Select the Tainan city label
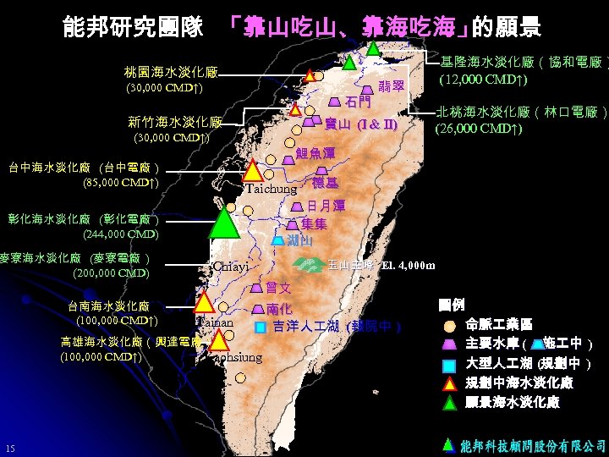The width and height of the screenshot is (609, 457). point(215,322)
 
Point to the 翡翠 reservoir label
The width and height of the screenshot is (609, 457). point(391,85)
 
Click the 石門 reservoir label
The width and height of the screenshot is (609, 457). point(359,103)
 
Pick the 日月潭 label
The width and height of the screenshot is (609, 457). point(326,206)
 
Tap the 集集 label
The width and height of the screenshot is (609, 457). point(315,224)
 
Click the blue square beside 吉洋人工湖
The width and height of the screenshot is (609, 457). point(261,327)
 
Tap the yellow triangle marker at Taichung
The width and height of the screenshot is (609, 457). point(253,171)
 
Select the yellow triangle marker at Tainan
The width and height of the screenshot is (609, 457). point(204,302)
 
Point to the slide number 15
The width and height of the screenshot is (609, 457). point(9,448)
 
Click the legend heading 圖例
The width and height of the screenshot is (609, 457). point(452,304)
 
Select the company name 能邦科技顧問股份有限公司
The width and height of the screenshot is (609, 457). point(534,445)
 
